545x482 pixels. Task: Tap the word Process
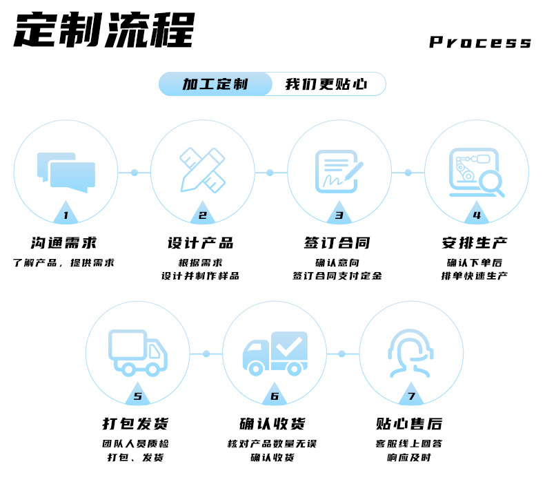480,42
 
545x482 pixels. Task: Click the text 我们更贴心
326,84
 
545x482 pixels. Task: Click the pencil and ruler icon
202,169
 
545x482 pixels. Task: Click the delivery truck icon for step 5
138,352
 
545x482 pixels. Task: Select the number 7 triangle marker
411,396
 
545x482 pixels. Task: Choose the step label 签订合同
337,243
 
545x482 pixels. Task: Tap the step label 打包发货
137,423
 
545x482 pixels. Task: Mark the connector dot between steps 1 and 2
135,172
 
